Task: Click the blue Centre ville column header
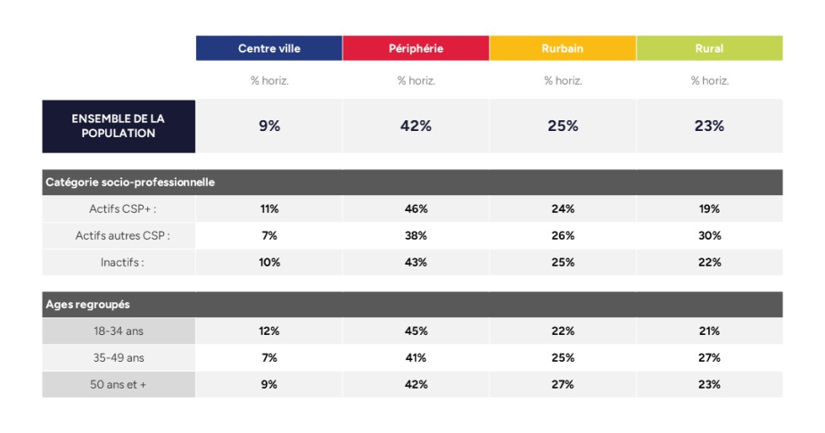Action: pyautogui.click(x=268, y=48)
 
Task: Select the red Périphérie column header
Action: pyautogui.click(x=416, y=48)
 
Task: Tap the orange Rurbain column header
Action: pyautogui.click(x=563, y=48)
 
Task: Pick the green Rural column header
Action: pyautogui.click(x=709, y=48)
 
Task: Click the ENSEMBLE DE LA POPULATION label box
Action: pyautogui.click(x=119, y=126)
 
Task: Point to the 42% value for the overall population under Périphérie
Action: pyautogui.click(x=416, y=126)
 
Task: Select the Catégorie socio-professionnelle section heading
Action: pyautogui.click(x=130, y=182)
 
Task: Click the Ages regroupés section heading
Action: pyautogui.click(x=87, y=304)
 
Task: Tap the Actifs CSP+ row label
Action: pyautogui.click(x=123, y=208)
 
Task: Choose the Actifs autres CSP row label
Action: pyautogui.click(x=123, y=235)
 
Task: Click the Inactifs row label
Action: pyautogui.click(x=123, y=262)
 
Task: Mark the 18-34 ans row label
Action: pyautogui.click(x=119, y=331)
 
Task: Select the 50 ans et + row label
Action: pyautogui.click(x=119, y=384)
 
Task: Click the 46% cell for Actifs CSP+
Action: pyautogui.click(x=416, y=208)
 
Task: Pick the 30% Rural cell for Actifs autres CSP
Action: pyautogui.click(x=709, y=235)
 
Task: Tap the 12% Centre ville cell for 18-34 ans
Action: pyautogui.click(x=268, y=331)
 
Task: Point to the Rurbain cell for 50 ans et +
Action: pyautogui.click(x=563, y=384)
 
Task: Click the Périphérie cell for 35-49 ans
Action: pyautogui.click(x=416, y=357)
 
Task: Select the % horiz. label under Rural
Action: pyautogui.click(x=709, y=80)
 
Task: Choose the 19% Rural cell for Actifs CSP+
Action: pyautogui.click(x=709, y=208)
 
